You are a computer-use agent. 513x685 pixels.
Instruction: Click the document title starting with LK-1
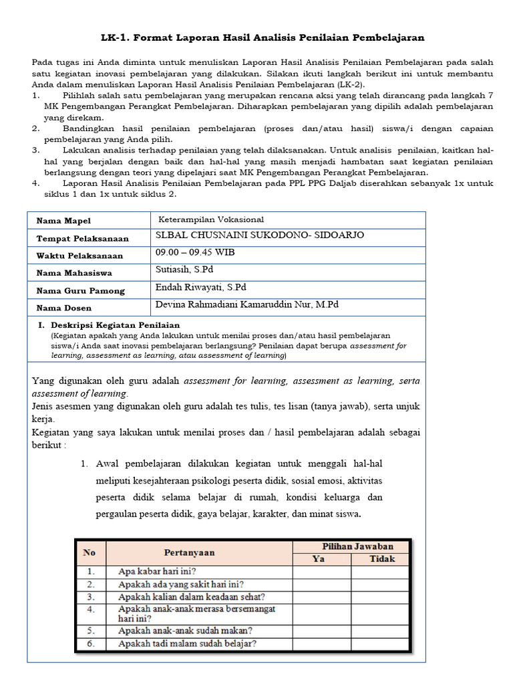click(x=263, y=37)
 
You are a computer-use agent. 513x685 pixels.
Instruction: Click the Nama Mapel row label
click(x=63, y=221)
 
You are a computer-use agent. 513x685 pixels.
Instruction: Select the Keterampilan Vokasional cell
click(x=211, y=219)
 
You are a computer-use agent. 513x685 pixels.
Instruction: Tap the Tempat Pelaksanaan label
click(x=83, y=238)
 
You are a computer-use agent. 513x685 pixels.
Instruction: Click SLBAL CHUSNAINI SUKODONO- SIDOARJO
click(x=251, y=235)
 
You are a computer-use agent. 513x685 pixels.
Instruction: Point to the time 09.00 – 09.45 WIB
click(x=195, y=253)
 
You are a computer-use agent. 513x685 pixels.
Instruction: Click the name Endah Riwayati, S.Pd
click(x=200, y=288)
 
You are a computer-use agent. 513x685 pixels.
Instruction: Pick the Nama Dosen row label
click(x=65, y=307)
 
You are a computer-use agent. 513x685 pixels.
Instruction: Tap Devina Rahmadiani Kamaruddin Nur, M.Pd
click(x=247, y=304)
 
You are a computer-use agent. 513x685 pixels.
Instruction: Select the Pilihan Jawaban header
click(x=357, y=547)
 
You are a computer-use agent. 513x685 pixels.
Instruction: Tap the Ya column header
click(x=319, y=559)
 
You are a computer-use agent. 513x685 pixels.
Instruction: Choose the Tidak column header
click(x=381, y=559)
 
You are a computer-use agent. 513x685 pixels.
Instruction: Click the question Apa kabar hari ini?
click(x=156, y=572)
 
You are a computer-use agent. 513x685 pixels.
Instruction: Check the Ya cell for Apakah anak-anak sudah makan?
click(x=321, y=630)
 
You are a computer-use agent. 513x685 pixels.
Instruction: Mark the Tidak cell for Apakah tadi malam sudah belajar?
click(x=381, y=644)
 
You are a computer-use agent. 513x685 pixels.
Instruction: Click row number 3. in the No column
click(x=90, y=597)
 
